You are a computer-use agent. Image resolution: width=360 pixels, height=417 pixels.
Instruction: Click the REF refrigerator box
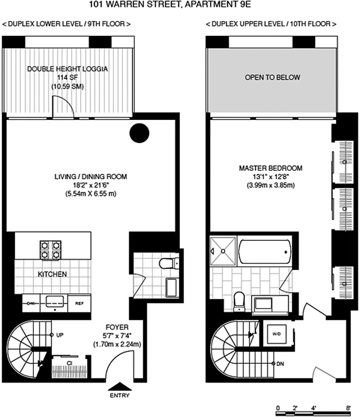pyautogui.click(x=80, y=302)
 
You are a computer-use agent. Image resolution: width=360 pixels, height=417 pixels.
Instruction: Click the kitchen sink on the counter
pyautogui.click(x=55, y=301)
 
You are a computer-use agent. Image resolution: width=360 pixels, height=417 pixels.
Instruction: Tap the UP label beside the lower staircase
pyautogui.click(x=59, y=335)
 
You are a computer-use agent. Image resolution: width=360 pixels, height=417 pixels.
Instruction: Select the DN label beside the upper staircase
pyautogui.click(x=280, y=363)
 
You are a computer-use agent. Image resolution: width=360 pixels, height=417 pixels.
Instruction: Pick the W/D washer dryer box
pyautogui.click(x=275, y=334)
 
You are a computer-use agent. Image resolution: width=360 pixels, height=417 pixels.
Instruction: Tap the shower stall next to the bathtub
pyautogui.click(x=223, y=251)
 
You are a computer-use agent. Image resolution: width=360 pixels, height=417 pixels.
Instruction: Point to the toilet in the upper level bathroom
pyautogui.click(x=239, y=299)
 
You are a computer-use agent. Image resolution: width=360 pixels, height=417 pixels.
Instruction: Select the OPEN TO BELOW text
pyautogui.click(x=272, y=77)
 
